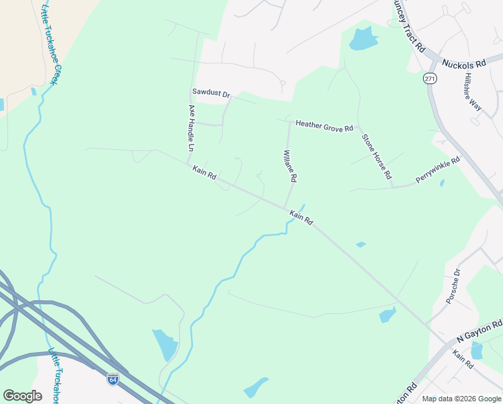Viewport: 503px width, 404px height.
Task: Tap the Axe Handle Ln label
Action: (x=191, y=128)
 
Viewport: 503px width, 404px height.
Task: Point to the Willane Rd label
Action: (x=290, y=166)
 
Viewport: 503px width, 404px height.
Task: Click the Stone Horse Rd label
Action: (x=377, y=156)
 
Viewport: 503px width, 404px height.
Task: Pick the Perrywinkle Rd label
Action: (x=437, y=169)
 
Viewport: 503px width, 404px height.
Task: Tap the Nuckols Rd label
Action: (x=463, y=65)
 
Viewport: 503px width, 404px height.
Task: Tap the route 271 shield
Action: (x=430, y=78)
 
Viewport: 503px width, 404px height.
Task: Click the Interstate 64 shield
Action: (x=113, y=379)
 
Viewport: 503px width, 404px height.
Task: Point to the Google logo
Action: (x=22, y=396)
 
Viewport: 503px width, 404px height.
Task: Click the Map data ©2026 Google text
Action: (x=461, y=399)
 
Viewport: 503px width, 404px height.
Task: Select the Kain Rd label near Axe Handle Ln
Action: (x=204, y=172)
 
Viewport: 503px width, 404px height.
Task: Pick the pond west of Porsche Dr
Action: (x=388, y=314)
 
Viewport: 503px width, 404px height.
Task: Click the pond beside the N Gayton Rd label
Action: (x=477, y=350)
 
